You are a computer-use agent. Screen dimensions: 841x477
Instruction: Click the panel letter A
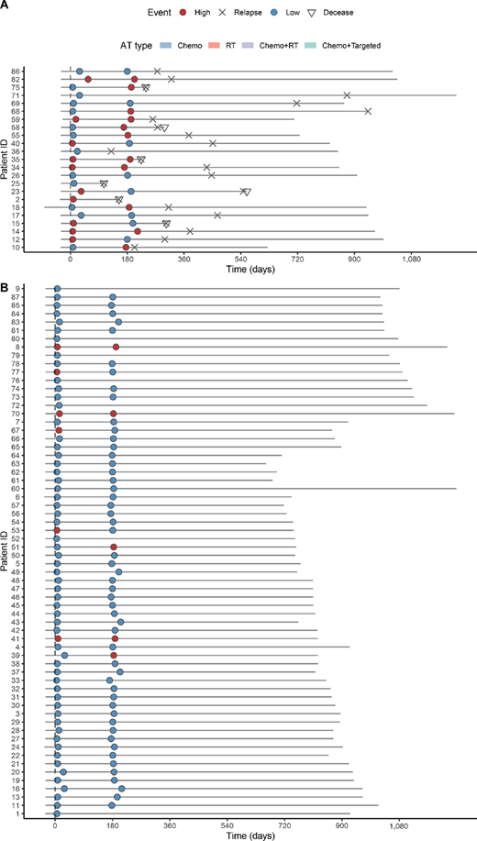[6, 6]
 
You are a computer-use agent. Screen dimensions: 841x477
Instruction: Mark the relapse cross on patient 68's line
[368, 111]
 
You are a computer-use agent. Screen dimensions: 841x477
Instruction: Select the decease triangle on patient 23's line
[247, 192]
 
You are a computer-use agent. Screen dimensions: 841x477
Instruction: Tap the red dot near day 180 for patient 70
[114, 414]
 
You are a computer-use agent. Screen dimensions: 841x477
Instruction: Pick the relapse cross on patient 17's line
[218, 215]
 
